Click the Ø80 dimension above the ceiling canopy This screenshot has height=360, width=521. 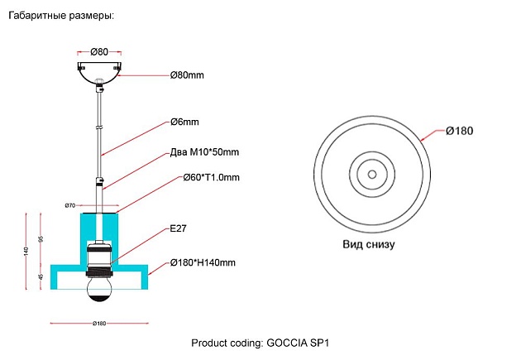tap(99, 52)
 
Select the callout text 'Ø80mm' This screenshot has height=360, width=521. tap(187, 75)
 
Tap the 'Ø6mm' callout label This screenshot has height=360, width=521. tap(184, 122)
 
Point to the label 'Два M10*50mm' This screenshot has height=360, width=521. tap(204, 152)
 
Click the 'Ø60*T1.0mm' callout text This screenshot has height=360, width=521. tap(204, 177)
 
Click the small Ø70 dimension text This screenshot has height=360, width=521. tap(70, 204)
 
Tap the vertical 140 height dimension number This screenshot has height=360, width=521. tap(26, 251)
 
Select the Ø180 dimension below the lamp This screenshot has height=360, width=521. tap(99, 323)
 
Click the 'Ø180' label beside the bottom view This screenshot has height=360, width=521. tap(459, 131)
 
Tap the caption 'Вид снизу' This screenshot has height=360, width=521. tap(369, 245)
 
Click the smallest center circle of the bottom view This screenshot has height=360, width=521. tap(371, 174)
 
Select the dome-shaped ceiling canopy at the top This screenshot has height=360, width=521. tap(99, 70)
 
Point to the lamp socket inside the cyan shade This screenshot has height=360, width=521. tap(100, 257)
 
